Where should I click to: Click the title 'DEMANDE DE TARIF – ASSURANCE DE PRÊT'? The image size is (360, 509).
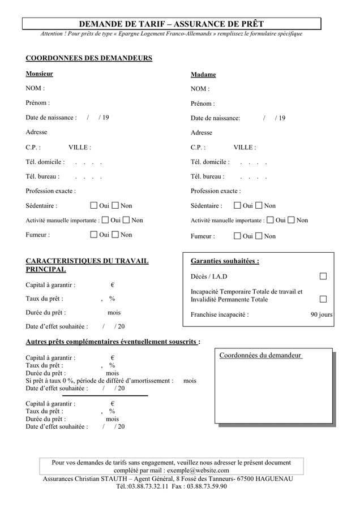(x=171, y=24)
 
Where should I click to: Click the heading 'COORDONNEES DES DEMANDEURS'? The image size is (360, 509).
(x=89, y=58)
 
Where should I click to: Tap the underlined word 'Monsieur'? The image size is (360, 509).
(x=40, y=74)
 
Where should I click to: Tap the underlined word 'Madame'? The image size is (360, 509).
(x=203, y=75)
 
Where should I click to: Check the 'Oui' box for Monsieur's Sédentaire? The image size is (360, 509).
(x=94, y=205)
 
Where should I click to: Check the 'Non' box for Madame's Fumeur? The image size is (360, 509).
(x=259, y=236)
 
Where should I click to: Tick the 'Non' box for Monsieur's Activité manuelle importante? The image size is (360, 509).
(x=126, y=220)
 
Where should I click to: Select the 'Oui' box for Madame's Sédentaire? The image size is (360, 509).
(x=238, y=205)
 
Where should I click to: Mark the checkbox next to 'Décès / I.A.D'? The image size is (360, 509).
(x=323, y=276)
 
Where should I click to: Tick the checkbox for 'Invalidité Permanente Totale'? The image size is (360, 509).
(x=323, y=299)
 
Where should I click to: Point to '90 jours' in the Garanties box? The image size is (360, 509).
(x=322, y=314)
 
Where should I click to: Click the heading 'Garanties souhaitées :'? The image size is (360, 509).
(x=225, y=261)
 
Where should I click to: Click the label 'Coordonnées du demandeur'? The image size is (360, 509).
(x=260, y=355)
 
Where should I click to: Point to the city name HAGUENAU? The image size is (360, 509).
(x=273, y=478)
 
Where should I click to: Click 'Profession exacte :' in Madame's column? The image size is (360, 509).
(x=216, y=191)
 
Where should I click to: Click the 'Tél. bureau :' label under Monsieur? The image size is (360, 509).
(x=43, y=176)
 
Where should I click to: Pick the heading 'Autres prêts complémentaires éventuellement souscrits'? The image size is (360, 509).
(x=112, y=342)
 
